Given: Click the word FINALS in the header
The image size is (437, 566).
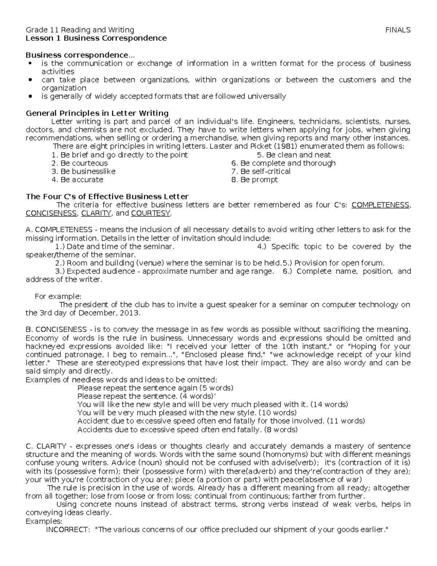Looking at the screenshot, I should click(398, 30).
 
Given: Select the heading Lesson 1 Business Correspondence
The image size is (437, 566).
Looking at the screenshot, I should click(96, 38).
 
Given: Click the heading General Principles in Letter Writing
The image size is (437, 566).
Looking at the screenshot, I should click(97, 113).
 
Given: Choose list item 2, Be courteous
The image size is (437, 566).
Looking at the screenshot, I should click(80, 163).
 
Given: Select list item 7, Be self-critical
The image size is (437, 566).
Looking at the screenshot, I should click(261, 171).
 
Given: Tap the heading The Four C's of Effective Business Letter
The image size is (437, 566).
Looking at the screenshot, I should click(107, 196).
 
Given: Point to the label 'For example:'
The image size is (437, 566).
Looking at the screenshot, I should click(58, 296).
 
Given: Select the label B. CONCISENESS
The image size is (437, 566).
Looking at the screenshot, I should click(56, 329).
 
